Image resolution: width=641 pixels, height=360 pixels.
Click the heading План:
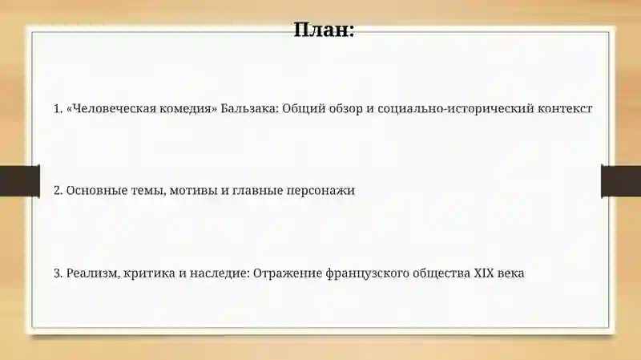325,30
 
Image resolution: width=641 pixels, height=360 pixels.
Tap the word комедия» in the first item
187,108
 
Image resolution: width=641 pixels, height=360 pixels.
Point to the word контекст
564,108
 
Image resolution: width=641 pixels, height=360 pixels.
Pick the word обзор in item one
346,108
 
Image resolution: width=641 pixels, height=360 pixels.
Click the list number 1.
58,108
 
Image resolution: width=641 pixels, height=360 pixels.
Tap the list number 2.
58,191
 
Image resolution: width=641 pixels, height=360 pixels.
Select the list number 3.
58,273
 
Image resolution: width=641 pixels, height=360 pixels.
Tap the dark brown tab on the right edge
621,181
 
